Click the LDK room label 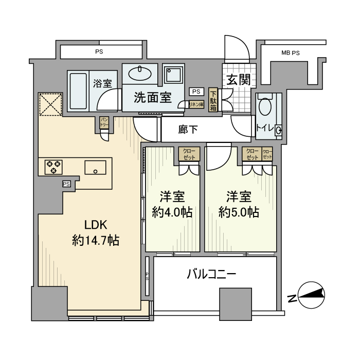(x=96, y=225)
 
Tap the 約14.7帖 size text (x=96, y=240)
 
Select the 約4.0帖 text (x=172, y=212)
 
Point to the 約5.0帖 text (x=238, y=212)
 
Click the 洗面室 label (x=153, y=98)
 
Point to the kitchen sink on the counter (x=95, y=168)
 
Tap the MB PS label (x=291, y=53)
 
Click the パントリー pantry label (x=104, y=122)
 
